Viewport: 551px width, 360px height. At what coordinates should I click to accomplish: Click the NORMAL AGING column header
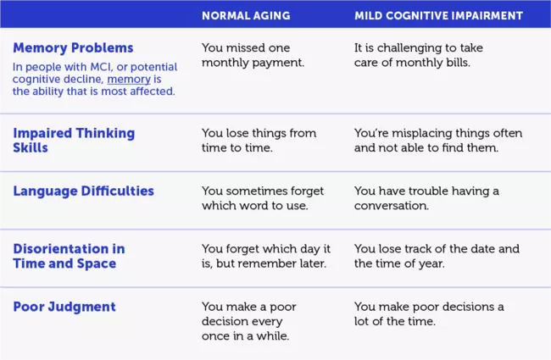tap(246, 16)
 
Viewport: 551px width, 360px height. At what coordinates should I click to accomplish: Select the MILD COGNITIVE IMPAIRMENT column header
tap(438, 16)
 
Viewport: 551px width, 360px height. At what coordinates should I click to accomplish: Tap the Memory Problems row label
tap(73, 47)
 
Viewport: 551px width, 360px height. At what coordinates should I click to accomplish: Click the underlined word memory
tap(129, 80)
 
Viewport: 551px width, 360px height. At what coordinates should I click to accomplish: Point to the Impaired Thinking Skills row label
tap(74, 141)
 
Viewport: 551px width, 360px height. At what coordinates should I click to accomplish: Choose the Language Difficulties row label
tap(84, 191)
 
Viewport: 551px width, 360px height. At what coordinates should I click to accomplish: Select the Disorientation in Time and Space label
tap(69, 256)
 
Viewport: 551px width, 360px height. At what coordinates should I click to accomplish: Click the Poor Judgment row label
tap(64, 307)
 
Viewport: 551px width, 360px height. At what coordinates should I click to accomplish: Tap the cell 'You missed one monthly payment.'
tap(253, 55)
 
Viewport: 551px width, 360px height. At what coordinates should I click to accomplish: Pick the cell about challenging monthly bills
tap(419, 55)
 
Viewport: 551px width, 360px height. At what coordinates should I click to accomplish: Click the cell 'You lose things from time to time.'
tap(259, 141)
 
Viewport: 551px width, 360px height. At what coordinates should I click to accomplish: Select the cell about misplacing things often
tap(438, 141)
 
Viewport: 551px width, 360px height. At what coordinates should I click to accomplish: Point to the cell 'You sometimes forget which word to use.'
tap(263, 198)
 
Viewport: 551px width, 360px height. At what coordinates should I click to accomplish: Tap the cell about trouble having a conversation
tap(426, 198)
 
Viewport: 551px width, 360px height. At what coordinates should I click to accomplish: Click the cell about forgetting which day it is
tap(266, 256)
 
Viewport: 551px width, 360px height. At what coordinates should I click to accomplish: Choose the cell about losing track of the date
tap(437, 256)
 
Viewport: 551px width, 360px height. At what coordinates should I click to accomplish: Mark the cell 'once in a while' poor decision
tap(249, 321)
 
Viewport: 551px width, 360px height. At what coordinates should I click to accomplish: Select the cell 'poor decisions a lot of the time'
tap(429, 314)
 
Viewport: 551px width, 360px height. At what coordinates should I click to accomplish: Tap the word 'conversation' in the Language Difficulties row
tap(392, 206)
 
